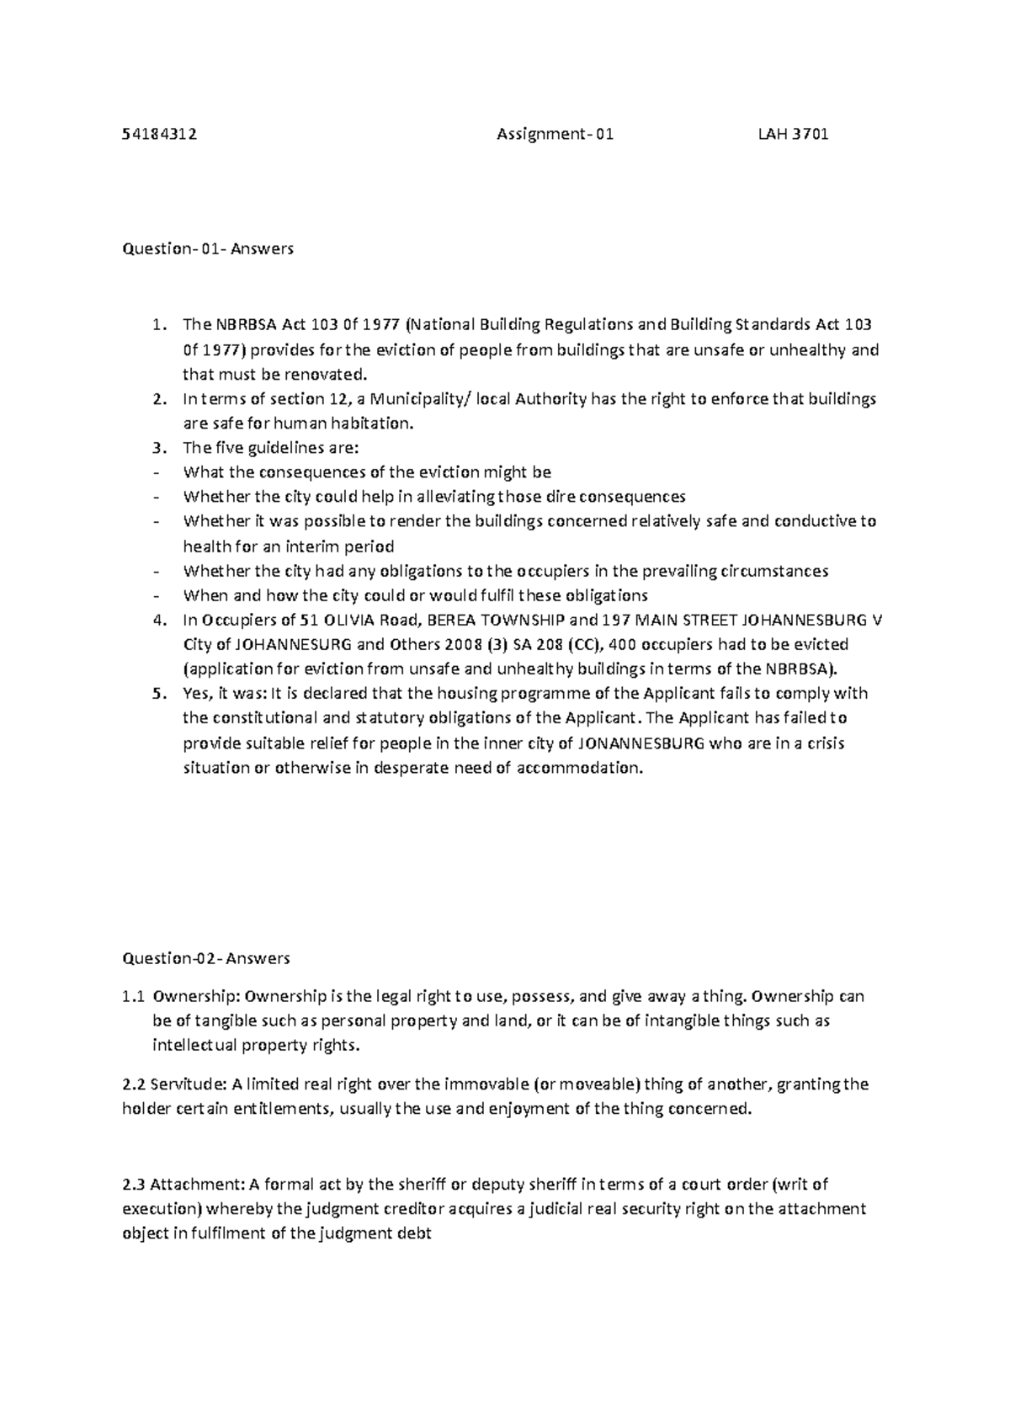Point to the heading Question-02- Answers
coord(206,957)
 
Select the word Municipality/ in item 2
coord(418,398)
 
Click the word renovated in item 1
coord(330,373)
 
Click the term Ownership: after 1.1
coord(196,996)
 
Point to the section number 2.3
coord(134,1184)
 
